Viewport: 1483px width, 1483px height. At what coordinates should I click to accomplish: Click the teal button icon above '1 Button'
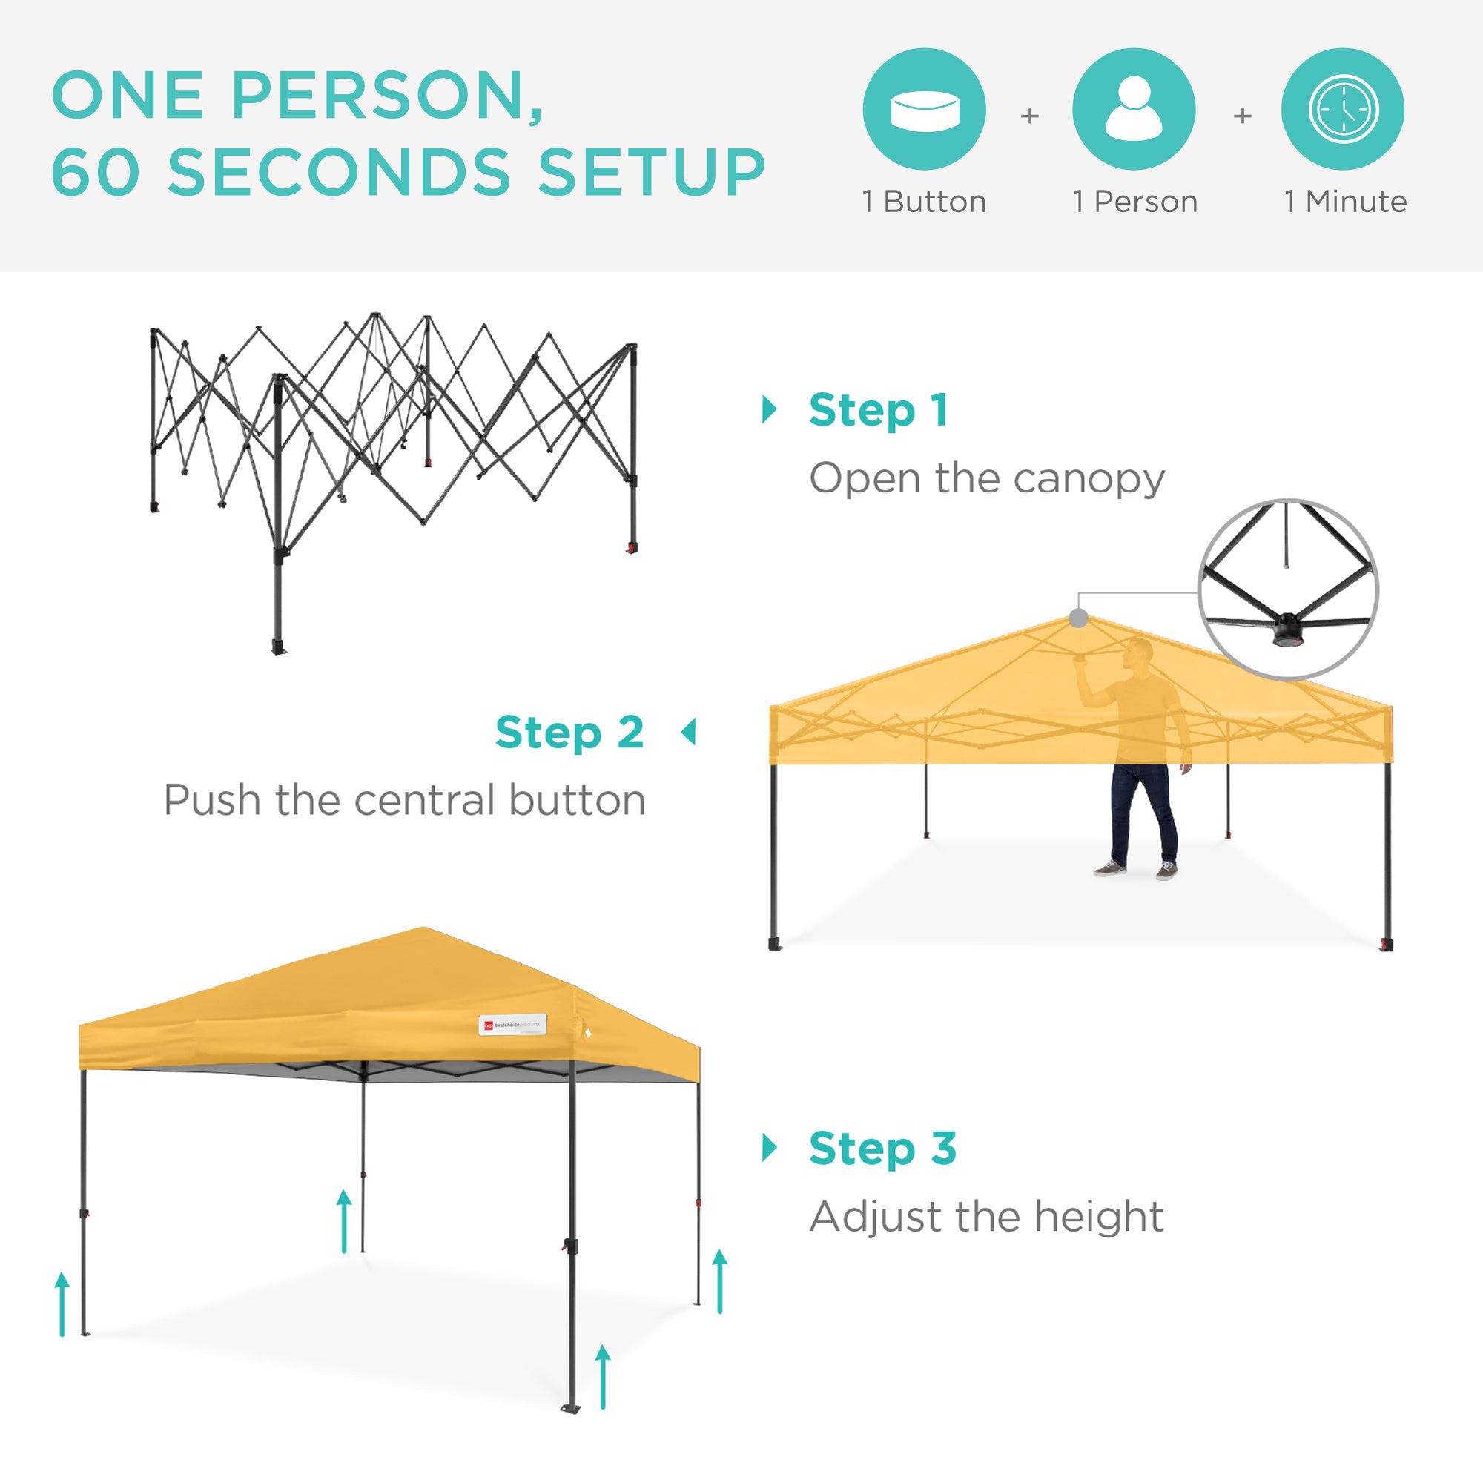[x=924, y=109]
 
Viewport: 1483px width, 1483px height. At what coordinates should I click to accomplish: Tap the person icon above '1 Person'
[x=1134, y=109]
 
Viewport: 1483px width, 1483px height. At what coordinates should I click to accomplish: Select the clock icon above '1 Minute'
[x=1344, y=109]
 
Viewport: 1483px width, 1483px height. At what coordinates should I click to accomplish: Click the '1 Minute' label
[x=1346, y=202]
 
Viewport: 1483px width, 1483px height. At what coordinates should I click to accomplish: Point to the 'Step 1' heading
[x=879, y=410]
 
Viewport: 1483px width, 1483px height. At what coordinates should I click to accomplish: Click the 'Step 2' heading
[x=569, y=733]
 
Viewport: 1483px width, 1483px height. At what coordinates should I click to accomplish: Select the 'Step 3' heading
[x=882, y=1149]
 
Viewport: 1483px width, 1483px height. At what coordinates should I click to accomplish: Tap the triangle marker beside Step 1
[x=768, y=409]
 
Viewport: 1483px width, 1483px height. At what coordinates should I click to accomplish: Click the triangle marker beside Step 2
[x=690, y=732]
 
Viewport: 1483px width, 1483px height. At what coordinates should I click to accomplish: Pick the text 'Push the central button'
[x=405, y=800]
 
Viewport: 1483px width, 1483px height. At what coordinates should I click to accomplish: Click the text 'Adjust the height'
[x=987, y=1217]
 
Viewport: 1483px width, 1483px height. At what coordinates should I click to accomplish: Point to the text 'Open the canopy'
[x=987, y=479]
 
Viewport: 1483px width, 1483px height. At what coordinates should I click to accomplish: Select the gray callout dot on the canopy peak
[x=1078, y=618]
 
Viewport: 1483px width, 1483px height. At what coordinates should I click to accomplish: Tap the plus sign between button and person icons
[x=1029, y=116]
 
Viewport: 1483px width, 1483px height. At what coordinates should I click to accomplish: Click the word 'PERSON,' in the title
[x=388, y=95]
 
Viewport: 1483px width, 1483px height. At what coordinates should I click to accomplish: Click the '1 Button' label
[x=924, y=202]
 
